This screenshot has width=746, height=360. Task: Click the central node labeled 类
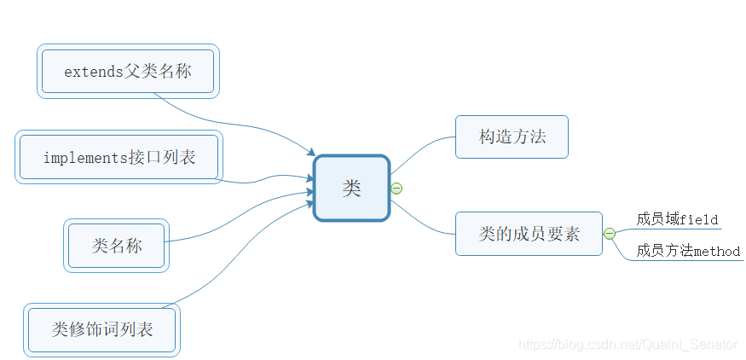click(x=351, y=189)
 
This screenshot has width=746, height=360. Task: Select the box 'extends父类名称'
click(x=128, y=71)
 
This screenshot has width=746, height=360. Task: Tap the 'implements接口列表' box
click(x=119, y=157)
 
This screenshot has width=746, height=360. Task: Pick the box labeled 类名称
click(x=116, y=246)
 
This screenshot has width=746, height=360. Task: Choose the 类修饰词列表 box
click(x=101, y=329)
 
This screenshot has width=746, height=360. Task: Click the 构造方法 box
click(x=512, y=136)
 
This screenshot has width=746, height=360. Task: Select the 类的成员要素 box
click(x=529, y=234)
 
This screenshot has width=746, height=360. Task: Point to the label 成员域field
click(x=678, y=219)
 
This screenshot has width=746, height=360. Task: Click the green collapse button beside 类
click(x=396, y=189)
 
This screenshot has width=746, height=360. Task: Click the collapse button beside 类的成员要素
click(x=610, y=234)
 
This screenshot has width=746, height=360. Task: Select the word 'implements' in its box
click(x=81, y=158)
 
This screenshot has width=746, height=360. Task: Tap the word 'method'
click(x=717, y=252)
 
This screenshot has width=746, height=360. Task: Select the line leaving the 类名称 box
click(x=230, y=222)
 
